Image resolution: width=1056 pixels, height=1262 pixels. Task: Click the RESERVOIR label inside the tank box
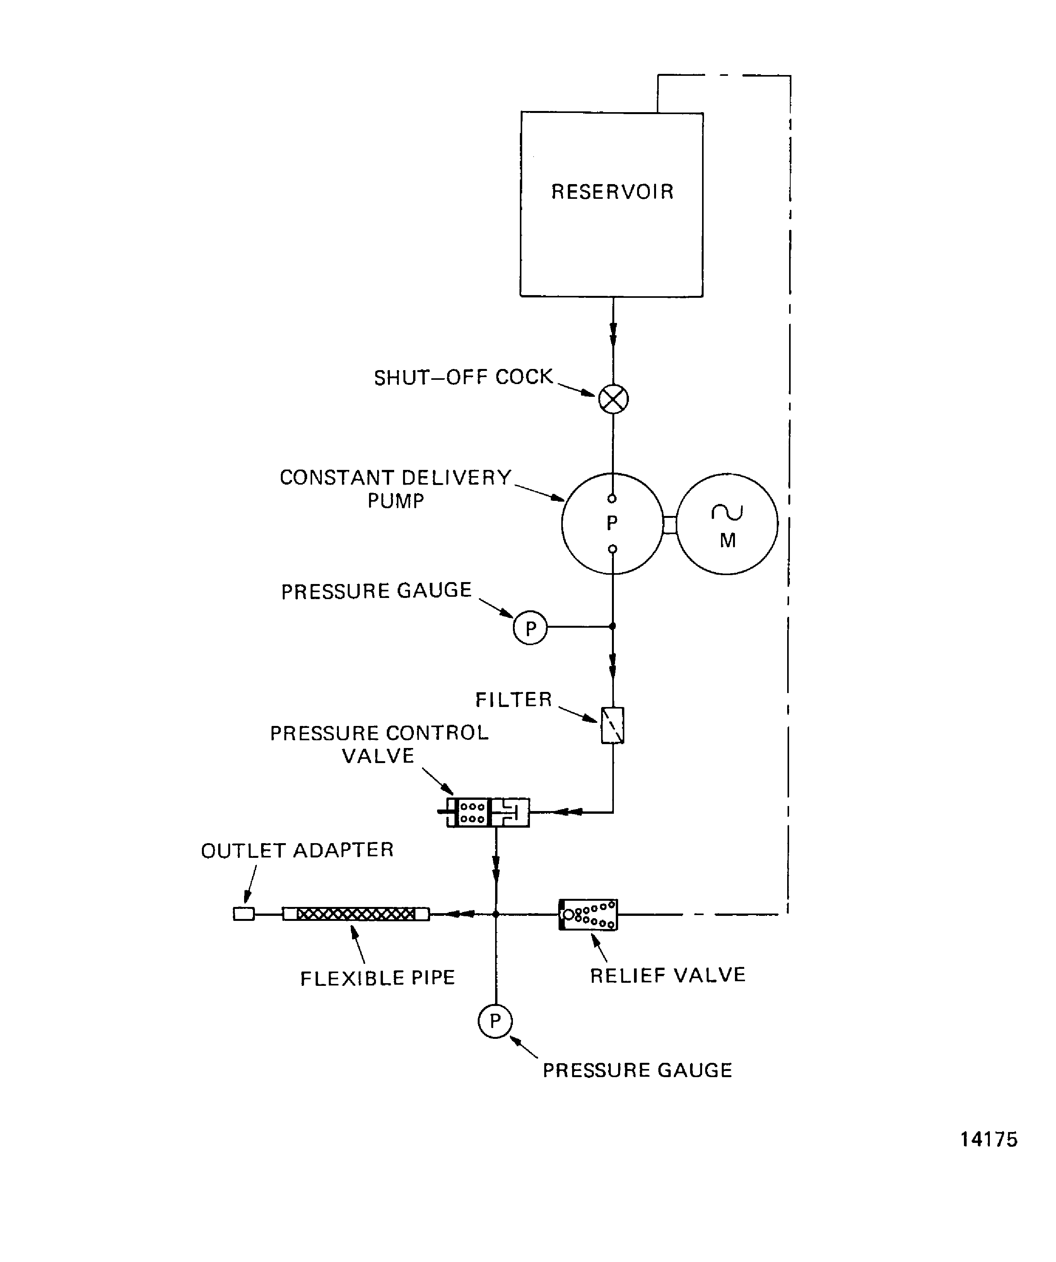click(x=612, y=192)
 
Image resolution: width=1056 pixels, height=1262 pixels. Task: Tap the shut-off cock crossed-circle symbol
click(x=613, y=399)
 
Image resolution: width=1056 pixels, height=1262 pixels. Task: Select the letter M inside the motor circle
click(x=727, y=540)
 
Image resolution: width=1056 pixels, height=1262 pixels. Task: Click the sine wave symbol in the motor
click(x=727, y=512)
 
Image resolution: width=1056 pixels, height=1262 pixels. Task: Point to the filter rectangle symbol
click(x=612, y=725)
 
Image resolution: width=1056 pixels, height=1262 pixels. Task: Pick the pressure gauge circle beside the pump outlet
click(x=530, y=628)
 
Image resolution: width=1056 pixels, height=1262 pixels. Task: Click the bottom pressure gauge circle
click(x=495, y=1020)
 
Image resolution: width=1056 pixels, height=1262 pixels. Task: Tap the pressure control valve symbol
click(x=488, y=813)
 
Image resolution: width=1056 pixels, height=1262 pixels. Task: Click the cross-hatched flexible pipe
click(x=356, y=914)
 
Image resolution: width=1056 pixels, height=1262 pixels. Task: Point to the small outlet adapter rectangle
click(x=243, y=914)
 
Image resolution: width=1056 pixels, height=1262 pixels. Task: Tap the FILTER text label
click(x=513, y=700)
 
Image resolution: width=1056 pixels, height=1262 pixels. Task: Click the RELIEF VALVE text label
click(x=667, y=975)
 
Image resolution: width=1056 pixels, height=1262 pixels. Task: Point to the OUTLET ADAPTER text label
click(x=297, y=850)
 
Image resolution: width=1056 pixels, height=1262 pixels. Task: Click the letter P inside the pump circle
click(x=612, y=523)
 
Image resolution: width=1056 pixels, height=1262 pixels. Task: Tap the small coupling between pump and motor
click(x=670, y=524)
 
